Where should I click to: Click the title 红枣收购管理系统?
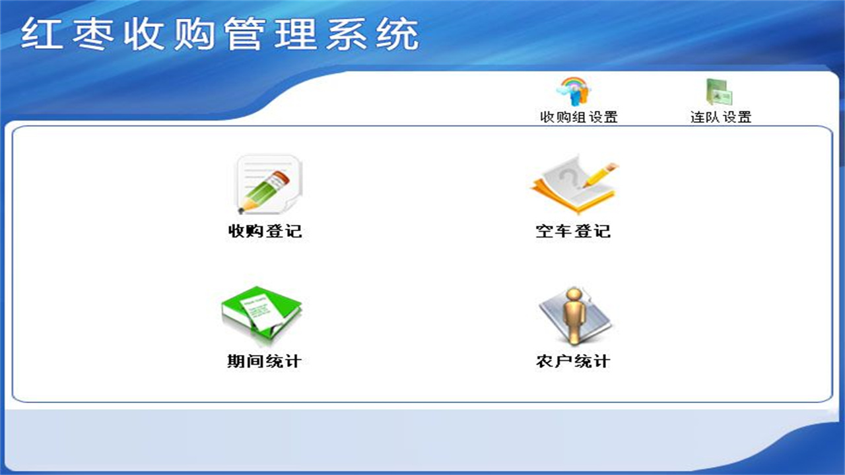(220, 34)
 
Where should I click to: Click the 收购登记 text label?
(265, 232)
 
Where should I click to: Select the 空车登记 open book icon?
(573, 184)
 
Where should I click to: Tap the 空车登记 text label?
(573, 232)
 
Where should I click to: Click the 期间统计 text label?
(264, 362)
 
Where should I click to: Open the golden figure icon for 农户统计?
(573, 316)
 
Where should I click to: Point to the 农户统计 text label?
(573, 362)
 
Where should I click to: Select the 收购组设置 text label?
(579, 118)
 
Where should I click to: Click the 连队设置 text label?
(721, 118)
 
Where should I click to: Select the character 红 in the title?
(41, 34)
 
